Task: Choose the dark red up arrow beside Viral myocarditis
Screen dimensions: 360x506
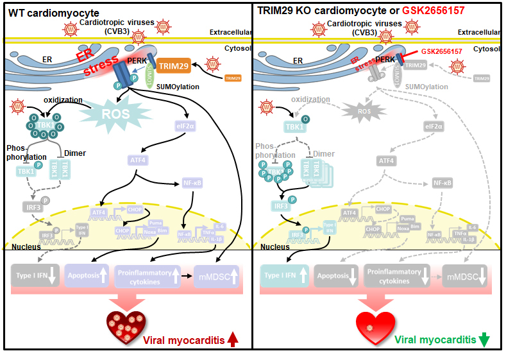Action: [232, 341]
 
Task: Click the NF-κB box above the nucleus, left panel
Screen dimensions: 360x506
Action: [192, 183]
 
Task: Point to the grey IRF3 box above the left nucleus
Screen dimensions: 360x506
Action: [29, 206]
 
